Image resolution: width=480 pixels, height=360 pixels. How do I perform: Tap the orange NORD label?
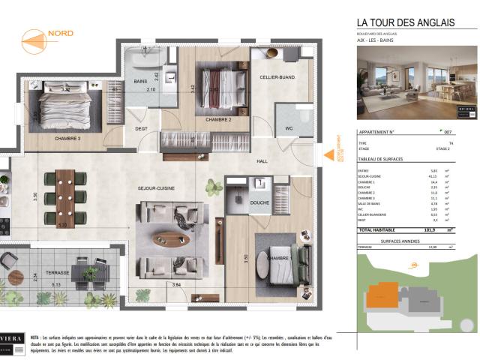(x=60, y=34)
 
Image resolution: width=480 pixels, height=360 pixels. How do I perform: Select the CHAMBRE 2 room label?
(x=218, y=120)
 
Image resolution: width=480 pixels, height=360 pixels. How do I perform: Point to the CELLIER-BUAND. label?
(x=277, y=77)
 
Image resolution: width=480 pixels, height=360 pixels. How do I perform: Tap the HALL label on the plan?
(x=262, y=161)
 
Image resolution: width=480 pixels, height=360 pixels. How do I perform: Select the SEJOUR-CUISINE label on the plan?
(x=156, y=188)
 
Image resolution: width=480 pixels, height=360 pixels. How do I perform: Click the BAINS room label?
(x=140, y=81)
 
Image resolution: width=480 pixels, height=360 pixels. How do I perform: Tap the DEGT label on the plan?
(x=141, y=128)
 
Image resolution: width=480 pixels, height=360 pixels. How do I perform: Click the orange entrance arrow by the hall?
(x=327, y=156)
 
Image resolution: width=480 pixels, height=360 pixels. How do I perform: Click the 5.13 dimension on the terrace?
(x=56, y=285)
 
